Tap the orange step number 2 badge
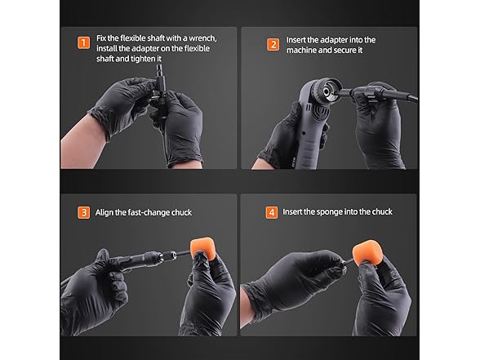[x=273, y=45]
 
